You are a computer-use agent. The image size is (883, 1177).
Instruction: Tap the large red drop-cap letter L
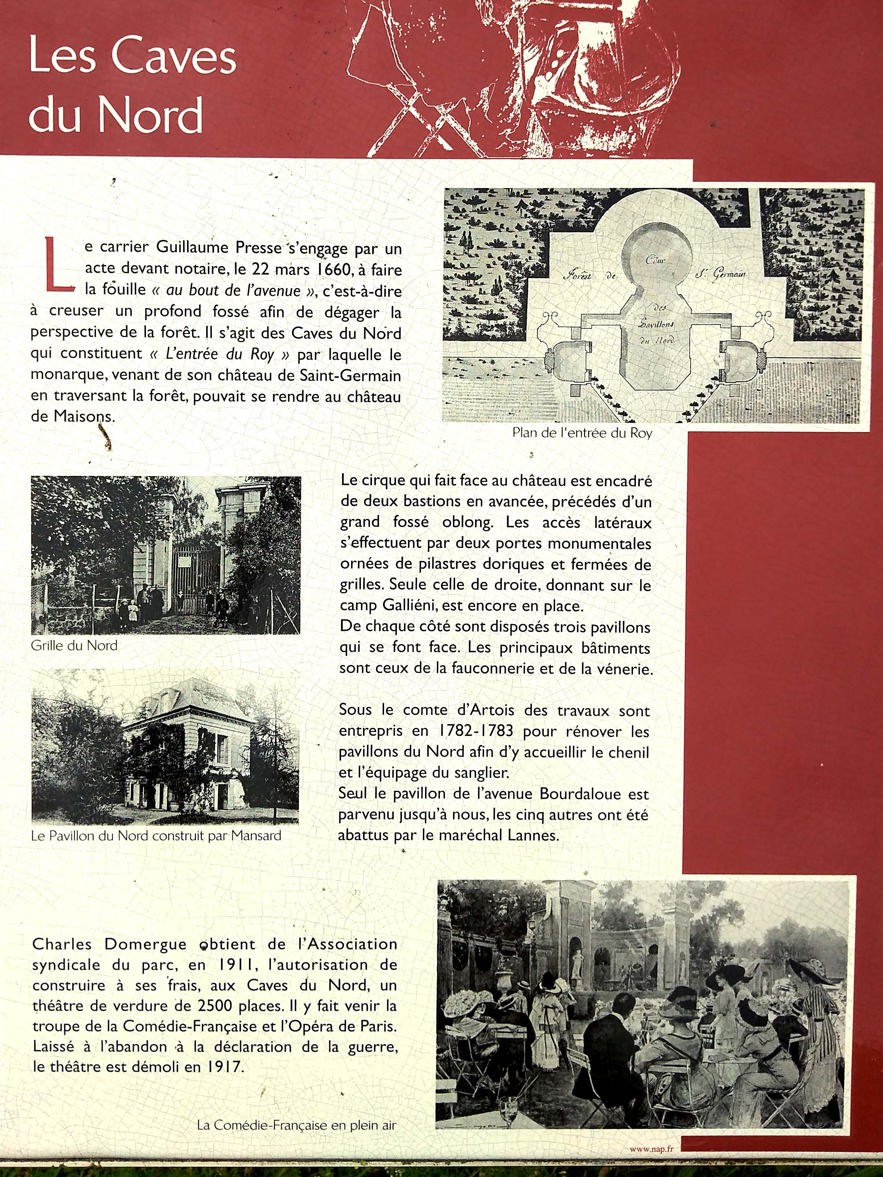58,265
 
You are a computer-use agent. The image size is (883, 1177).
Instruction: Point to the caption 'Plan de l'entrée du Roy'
582,433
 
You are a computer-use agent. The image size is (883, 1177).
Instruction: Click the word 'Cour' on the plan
655,260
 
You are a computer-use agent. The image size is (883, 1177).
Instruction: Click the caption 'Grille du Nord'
74,645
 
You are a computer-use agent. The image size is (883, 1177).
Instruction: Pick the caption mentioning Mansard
156,835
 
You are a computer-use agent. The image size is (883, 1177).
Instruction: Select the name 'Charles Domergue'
109,944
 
